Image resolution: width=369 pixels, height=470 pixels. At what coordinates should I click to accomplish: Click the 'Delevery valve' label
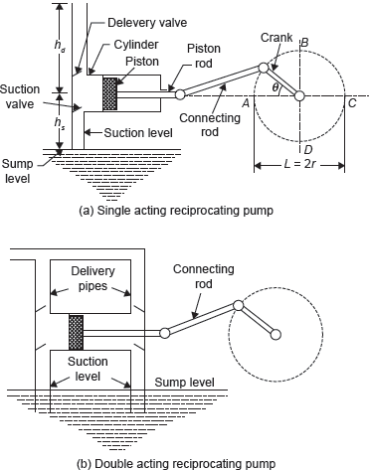pos(147,23)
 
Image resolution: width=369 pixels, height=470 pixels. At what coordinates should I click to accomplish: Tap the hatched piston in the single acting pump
pos(109,93)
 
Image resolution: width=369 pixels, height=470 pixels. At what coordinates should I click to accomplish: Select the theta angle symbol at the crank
pos(276,87)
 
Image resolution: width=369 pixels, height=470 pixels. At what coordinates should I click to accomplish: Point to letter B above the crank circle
pos(304,43)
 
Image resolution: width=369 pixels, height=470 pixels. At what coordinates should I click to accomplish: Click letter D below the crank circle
pos(308,150)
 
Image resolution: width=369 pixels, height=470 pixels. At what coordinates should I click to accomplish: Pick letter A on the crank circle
pos(246,103)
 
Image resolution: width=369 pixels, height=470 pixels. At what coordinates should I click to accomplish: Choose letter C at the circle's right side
pos(352,103)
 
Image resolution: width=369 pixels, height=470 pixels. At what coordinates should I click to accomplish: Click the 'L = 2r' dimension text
pos(299,164)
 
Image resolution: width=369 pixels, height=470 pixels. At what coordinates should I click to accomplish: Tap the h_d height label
pos(60,45)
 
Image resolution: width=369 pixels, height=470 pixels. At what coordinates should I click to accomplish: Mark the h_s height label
pos(60,123)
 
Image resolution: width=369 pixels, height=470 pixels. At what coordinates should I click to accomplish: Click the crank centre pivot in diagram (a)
pos(299,96)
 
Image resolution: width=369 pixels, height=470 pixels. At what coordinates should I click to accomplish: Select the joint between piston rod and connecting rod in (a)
pos(180,94)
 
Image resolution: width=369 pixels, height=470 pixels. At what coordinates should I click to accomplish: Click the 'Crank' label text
pos(277,38)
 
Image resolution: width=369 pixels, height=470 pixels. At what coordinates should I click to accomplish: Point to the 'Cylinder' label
pos(136,45)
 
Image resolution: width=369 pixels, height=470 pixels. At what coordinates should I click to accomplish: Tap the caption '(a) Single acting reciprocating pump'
pos(176,211)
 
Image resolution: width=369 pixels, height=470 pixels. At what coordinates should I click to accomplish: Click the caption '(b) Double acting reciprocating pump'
pos(176,463)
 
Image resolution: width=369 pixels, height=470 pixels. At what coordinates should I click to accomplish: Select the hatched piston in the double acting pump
pos(76,333)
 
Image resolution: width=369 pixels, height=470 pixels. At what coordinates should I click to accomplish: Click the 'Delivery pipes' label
pos(92,278)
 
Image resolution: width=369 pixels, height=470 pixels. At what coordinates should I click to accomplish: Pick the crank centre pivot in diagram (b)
pos(276,335)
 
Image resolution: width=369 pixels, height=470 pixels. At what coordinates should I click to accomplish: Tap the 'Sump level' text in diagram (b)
pos(184,383)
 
